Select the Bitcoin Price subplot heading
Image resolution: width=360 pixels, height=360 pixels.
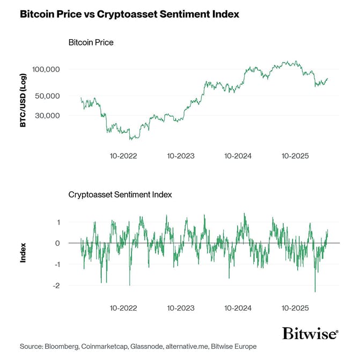[91, 42]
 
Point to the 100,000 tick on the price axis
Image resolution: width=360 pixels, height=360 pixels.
[46, 70]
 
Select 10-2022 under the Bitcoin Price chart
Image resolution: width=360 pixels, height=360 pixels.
[123, 156]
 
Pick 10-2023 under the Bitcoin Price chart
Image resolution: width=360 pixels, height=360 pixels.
[180, 156]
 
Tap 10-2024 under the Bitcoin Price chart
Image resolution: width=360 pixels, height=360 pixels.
[238, 156]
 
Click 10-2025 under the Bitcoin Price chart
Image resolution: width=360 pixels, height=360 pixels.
[295, 156]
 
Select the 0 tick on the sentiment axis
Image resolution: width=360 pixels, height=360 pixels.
[58, 243]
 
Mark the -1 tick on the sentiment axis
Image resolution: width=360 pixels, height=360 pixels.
[56, 265]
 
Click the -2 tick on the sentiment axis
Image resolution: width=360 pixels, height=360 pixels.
[56, 286]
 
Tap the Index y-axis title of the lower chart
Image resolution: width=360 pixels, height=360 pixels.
[24, 253]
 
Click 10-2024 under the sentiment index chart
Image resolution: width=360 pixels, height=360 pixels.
[238, 308]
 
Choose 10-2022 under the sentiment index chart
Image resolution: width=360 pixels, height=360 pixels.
[123, 308]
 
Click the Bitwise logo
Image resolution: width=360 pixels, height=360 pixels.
[310, 333]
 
